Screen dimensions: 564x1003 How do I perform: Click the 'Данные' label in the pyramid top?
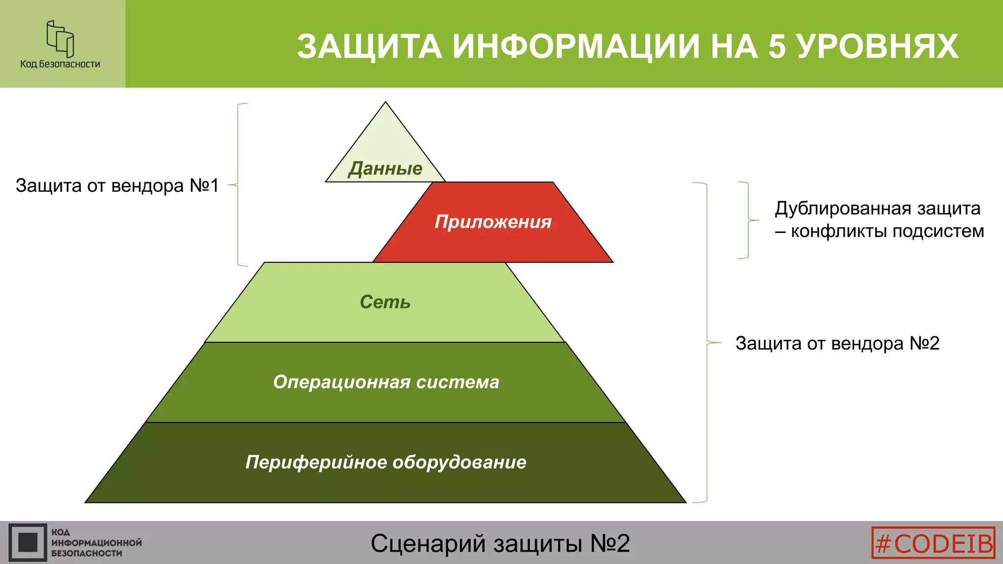pos(385,168)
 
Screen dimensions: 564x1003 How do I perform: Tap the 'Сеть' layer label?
pos(385,302)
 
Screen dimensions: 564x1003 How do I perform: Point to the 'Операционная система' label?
pos(386,382)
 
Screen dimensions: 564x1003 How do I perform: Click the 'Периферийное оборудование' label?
pos(386,462)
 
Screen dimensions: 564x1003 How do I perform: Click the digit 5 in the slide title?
pos(777,47)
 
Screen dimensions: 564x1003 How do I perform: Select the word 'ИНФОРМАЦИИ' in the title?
pos(575,47)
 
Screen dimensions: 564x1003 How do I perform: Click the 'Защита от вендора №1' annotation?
pos(117,186)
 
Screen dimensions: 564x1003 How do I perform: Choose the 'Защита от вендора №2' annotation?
pos(837,343)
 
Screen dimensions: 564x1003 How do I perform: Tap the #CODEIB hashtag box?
pos(933,542)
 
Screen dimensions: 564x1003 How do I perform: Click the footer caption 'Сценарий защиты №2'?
pos(500,543)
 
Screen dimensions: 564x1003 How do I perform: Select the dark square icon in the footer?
pos(27,542)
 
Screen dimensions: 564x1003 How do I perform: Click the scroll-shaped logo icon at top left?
pos(60,39)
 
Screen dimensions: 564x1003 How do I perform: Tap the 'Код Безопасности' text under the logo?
pos(60,64)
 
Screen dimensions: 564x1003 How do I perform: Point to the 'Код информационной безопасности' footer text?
pos(96,542)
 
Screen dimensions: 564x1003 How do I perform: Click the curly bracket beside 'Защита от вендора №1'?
pos(238,185)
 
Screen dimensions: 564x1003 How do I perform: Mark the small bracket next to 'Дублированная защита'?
pos(747,220)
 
